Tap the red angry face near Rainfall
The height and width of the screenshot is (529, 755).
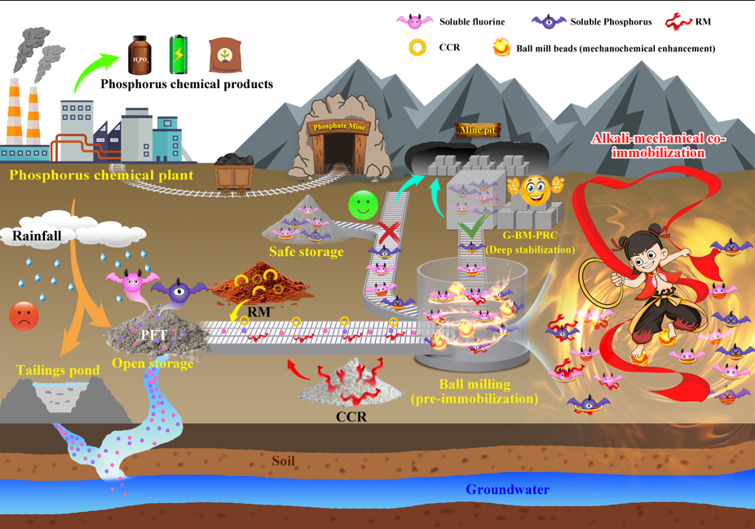[24, 316]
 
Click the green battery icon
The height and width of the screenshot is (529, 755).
[179, 55]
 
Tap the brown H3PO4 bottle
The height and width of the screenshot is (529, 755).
[141, 55]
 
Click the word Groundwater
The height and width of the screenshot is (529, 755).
[507, 490]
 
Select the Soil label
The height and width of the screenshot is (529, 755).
[283, 461]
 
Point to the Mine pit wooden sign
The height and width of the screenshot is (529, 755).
[479, 130]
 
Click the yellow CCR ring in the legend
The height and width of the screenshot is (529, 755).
[417, 47]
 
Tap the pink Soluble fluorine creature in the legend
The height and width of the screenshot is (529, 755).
[413, 21]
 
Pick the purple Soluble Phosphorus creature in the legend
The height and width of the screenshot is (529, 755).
[549, 21]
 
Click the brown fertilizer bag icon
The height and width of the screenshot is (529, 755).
[224, 55]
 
